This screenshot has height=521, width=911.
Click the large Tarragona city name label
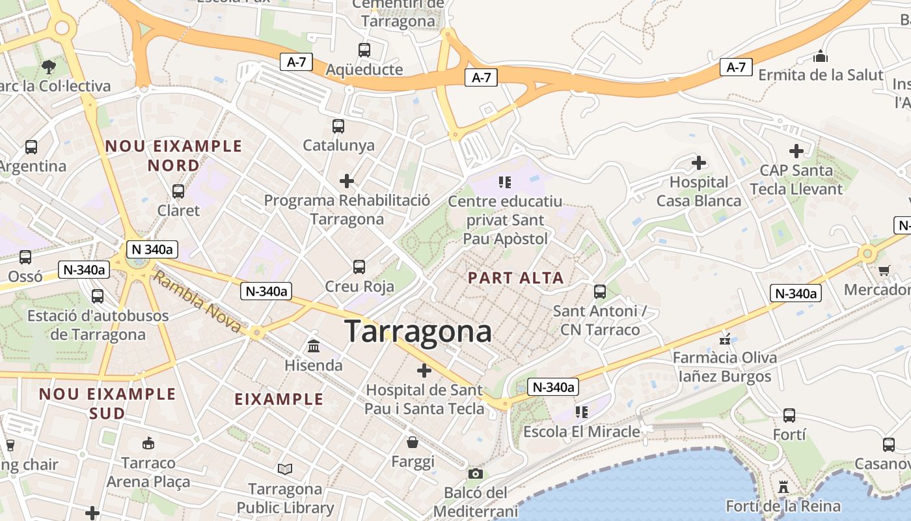(418, 331)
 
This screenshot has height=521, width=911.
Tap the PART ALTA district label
(516, 278)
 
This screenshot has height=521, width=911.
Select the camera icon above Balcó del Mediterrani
(476, 473)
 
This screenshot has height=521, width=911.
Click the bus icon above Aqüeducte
(364, 49)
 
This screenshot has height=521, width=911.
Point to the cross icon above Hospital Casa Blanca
(699, 162)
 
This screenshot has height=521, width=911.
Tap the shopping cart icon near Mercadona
(884, 270)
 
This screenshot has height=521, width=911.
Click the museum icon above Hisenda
(314, 345)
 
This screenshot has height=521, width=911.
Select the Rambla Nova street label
(198, 303)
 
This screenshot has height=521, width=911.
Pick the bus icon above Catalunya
(338, 126)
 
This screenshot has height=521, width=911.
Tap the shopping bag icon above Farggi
(413, 443)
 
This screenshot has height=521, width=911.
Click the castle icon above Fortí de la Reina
(783, 486)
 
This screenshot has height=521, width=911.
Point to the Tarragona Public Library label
(285, 498)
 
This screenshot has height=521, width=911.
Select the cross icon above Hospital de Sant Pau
(424, 371)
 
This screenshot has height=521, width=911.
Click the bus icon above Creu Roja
(359, 266)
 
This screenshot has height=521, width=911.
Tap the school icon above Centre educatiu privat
(505, 182)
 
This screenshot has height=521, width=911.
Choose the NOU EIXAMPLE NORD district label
(173, 156)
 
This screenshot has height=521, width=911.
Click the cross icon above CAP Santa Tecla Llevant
(796, 151)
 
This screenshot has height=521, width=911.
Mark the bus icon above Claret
(178, 191)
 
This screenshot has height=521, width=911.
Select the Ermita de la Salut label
(821, 74)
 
